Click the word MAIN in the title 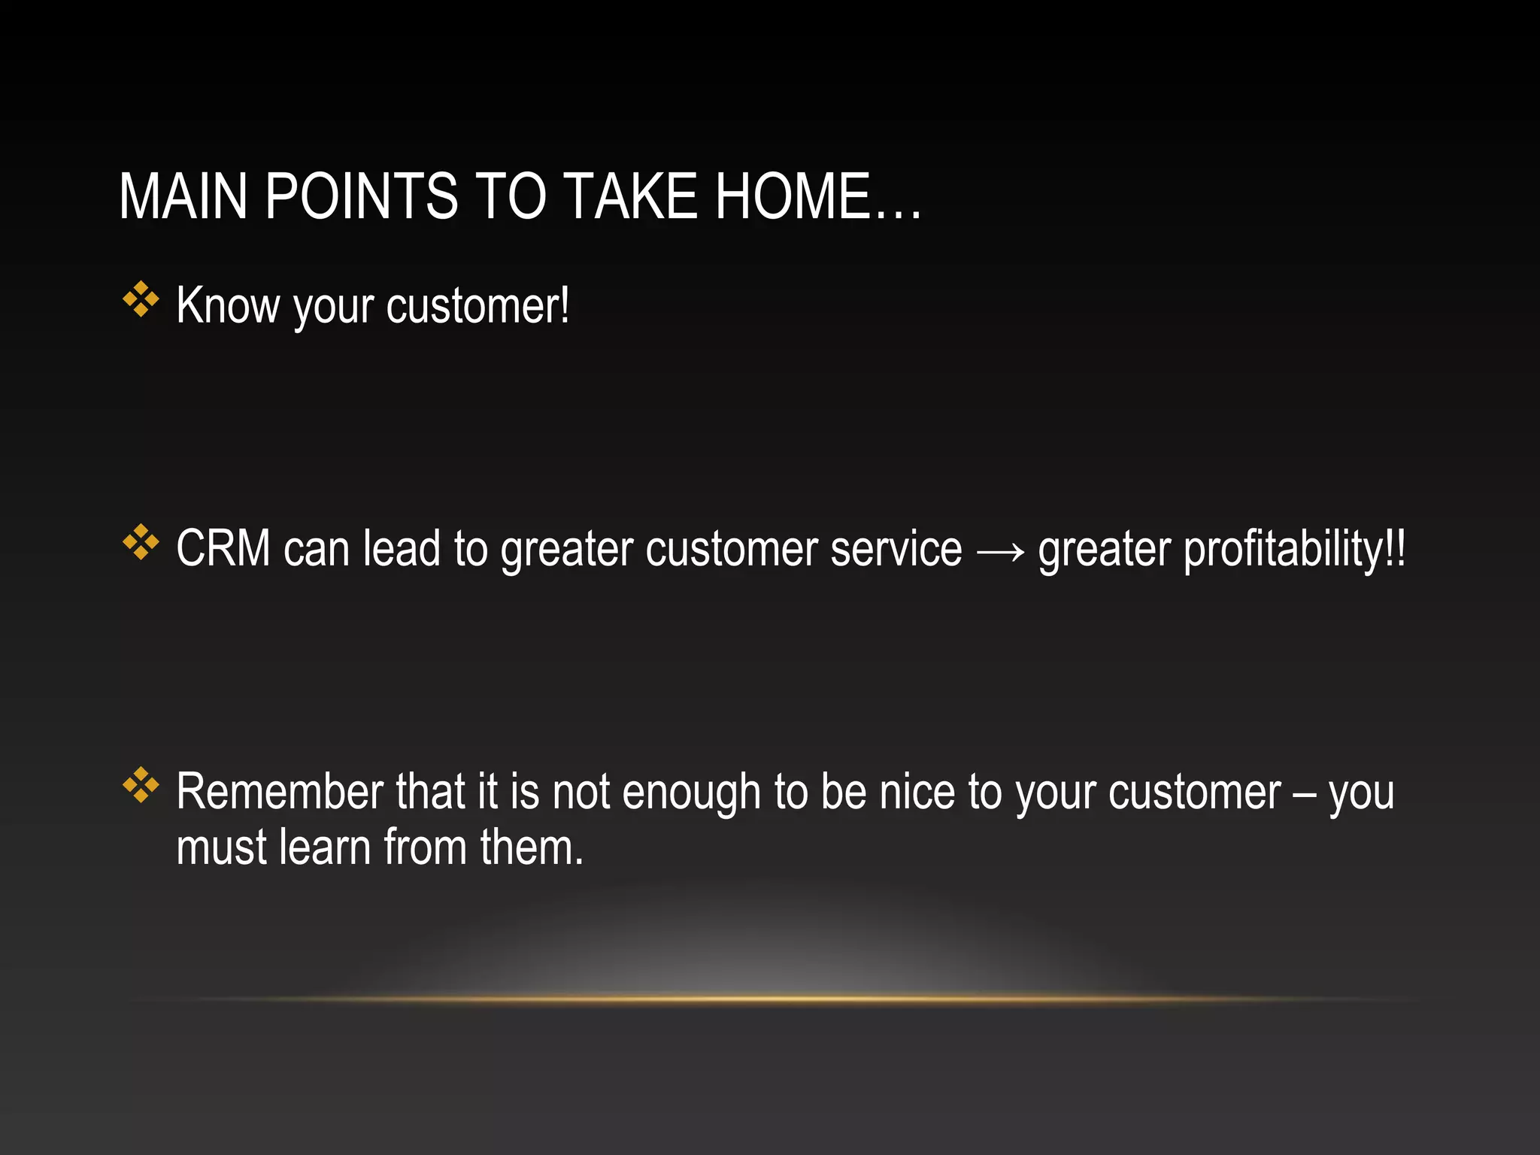click(183, 196)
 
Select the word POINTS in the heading click(361, 196)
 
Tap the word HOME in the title click(793, 196)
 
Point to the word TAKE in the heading click(630, 196)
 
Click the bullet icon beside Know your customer click(141, 299)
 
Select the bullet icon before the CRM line click(141, 542)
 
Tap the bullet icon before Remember click(141, 785)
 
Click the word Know click(227, 305)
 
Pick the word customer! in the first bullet click(478, 307)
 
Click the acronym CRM click(223, 548)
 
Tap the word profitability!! click(1294, 550)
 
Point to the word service click(896, 549)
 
